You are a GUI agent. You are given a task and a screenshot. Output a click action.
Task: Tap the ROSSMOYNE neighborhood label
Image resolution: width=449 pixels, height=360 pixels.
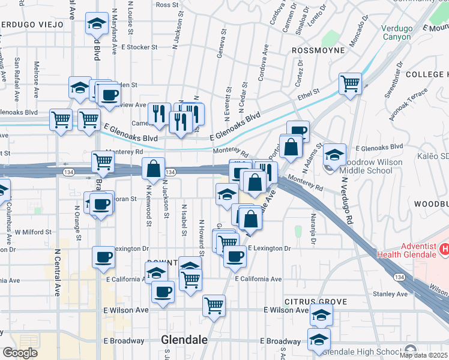pos(318,50)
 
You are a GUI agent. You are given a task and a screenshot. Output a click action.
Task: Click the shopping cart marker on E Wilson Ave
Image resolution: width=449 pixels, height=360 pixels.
pos(214,305)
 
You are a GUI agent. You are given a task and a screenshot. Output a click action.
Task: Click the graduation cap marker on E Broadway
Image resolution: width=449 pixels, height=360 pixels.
pos(319,338)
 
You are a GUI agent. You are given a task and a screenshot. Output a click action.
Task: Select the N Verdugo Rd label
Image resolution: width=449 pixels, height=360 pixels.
pos(346,201)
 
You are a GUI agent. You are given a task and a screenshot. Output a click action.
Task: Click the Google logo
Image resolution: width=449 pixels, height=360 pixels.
pos(20,353)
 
